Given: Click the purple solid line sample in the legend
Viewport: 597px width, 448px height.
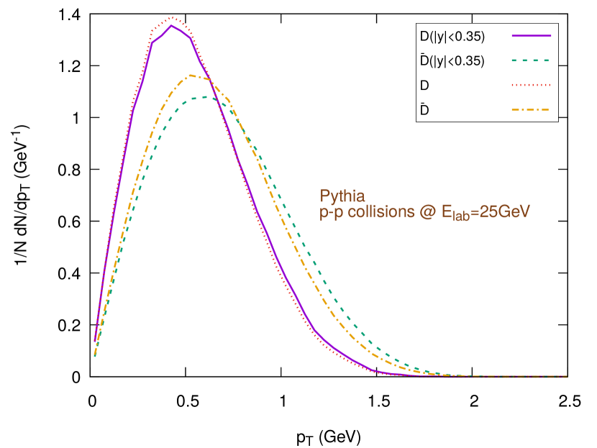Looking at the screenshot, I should coord(532,35).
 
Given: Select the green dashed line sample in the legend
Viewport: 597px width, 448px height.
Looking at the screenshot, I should coord(532,60).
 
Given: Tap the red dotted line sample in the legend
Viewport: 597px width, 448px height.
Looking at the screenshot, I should coord(532,85).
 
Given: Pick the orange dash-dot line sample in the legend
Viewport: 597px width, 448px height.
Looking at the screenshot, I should coord(532,110).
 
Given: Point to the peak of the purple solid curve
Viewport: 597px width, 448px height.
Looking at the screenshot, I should coord(170,25).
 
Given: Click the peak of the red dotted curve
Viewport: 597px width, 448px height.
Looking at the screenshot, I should coord(171,17).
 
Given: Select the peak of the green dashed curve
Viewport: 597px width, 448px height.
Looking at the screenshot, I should coord(206,96).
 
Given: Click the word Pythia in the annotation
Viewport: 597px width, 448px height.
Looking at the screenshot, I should coord(342,196).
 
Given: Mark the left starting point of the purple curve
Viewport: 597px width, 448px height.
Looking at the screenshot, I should coord(95,341).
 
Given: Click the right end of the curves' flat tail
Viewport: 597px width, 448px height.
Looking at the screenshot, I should coord(568,376).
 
